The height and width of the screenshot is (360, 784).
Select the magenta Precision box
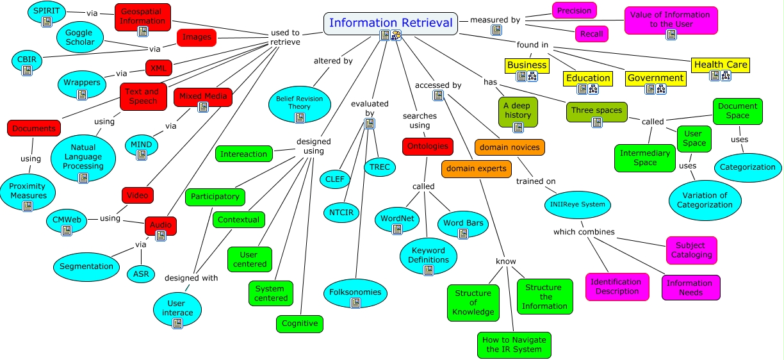(574, 10)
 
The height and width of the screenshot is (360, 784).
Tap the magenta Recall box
(591, 34)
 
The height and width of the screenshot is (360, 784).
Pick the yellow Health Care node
(721, 65)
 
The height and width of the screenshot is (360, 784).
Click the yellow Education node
(587, 78)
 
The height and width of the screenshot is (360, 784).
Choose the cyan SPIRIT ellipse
(46, 12)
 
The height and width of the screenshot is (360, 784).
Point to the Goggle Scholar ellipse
(80, 37)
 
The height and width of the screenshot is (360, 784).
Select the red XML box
(158, 67)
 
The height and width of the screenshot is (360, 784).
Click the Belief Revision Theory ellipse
(299, 102)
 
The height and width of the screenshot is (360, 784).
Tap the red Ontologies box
(428, 146)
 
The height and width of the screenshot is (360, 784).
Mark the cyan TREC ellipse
(380, 167)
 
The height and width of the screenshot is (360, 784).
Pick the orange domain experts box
(476, 168)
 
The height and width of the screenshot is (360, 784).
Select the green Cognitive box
(299, 323)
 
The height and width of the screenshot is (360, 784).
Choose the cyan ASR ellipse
(141, 274)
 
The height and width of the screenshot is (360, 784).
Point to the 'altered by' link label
(333, 61)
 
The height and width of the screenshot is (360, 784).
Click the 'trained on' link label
(535, 181)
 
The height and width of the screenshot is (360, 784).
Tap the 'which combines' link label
(584, 232)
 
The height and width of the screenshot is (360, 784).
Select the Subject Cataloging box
(691, 250)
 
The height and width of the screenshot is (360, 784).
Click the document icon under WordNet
(397, 229)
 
